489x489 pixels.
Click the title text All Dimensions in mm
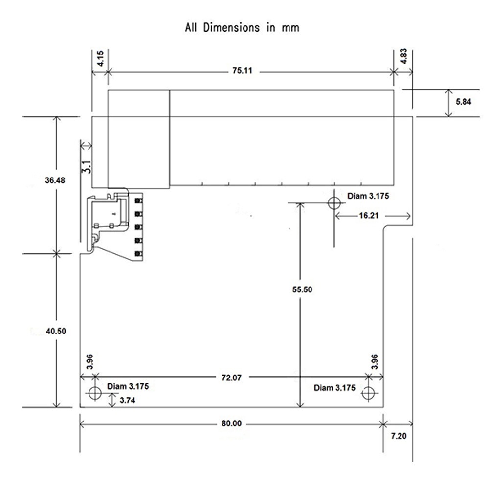[242, 27]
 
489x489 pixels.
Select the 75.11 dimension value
[242, 71]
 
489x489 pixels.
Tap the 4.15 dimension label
[100, 58]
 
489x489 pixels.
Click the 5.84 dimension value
[463, 102]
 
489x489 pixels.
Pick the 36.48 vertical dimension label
[55, 180]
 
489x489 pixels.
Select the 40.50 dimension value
[55, 331]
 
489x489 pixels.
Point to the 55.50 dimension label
[302, 289]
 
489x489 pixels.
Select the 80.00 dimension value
[231, 423]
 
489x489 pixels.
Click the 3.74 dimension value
[127, 400]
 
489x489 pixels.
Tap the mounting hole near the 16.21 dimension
[334, 202]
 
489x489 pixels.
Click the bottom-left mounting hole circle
[94, 392]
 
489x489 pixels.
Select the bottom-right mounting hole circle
[368, 392]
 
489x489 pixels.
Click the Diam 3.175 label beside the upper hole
[368, 196]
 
